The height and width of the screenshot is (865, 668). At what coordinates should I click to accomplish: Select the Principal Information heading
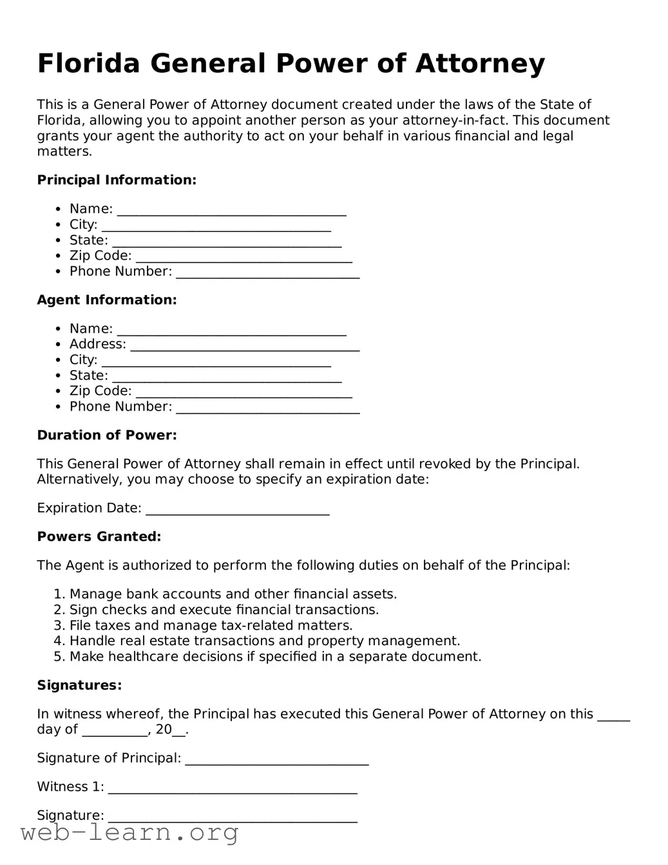point(116,180)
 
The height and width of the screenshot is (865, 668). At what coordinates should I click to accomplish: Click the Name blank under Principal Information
point(231,211)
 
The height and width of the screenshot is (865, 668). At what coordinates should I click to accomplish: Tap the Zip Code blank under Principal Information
point(244,258)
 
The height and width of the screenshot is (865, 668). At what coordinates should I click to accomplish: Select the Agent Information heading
point(106,300)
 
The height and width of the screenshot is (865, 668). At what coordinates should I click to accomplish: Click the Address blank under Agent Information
point(245,346)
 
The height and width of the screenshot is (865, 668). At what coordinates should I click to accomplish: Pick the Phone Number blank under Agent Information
point(267,409)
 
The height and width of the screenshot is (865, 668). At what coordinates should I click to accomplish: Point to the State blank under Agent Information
point(227,378)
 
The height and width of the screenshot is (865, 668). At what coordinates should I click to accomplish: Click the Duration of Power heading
point(106,436)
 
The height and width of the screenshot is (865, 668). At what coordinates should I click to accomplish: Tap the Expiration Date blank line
point(238,510)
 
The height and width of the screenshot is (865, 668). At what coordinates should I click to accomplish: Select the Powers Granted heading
point(99,537)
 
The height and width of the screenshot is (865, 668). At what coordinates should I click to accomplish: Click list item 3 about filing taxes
point(211,626)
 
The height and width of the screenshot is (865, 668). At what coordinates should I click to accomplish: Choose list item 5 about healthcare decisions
point(275,657)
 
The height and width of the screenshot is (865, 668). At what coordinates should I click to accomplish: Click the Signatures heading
point(79,686)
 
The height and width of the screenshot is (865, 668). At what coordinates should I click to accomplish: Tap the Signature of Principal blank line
point(277,760)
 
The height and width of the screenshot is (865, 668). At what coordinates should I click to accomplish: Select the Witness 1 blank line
point(233,789)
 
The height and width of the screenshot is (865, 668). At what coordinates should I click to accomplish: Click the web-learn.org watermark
point(129,833)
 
